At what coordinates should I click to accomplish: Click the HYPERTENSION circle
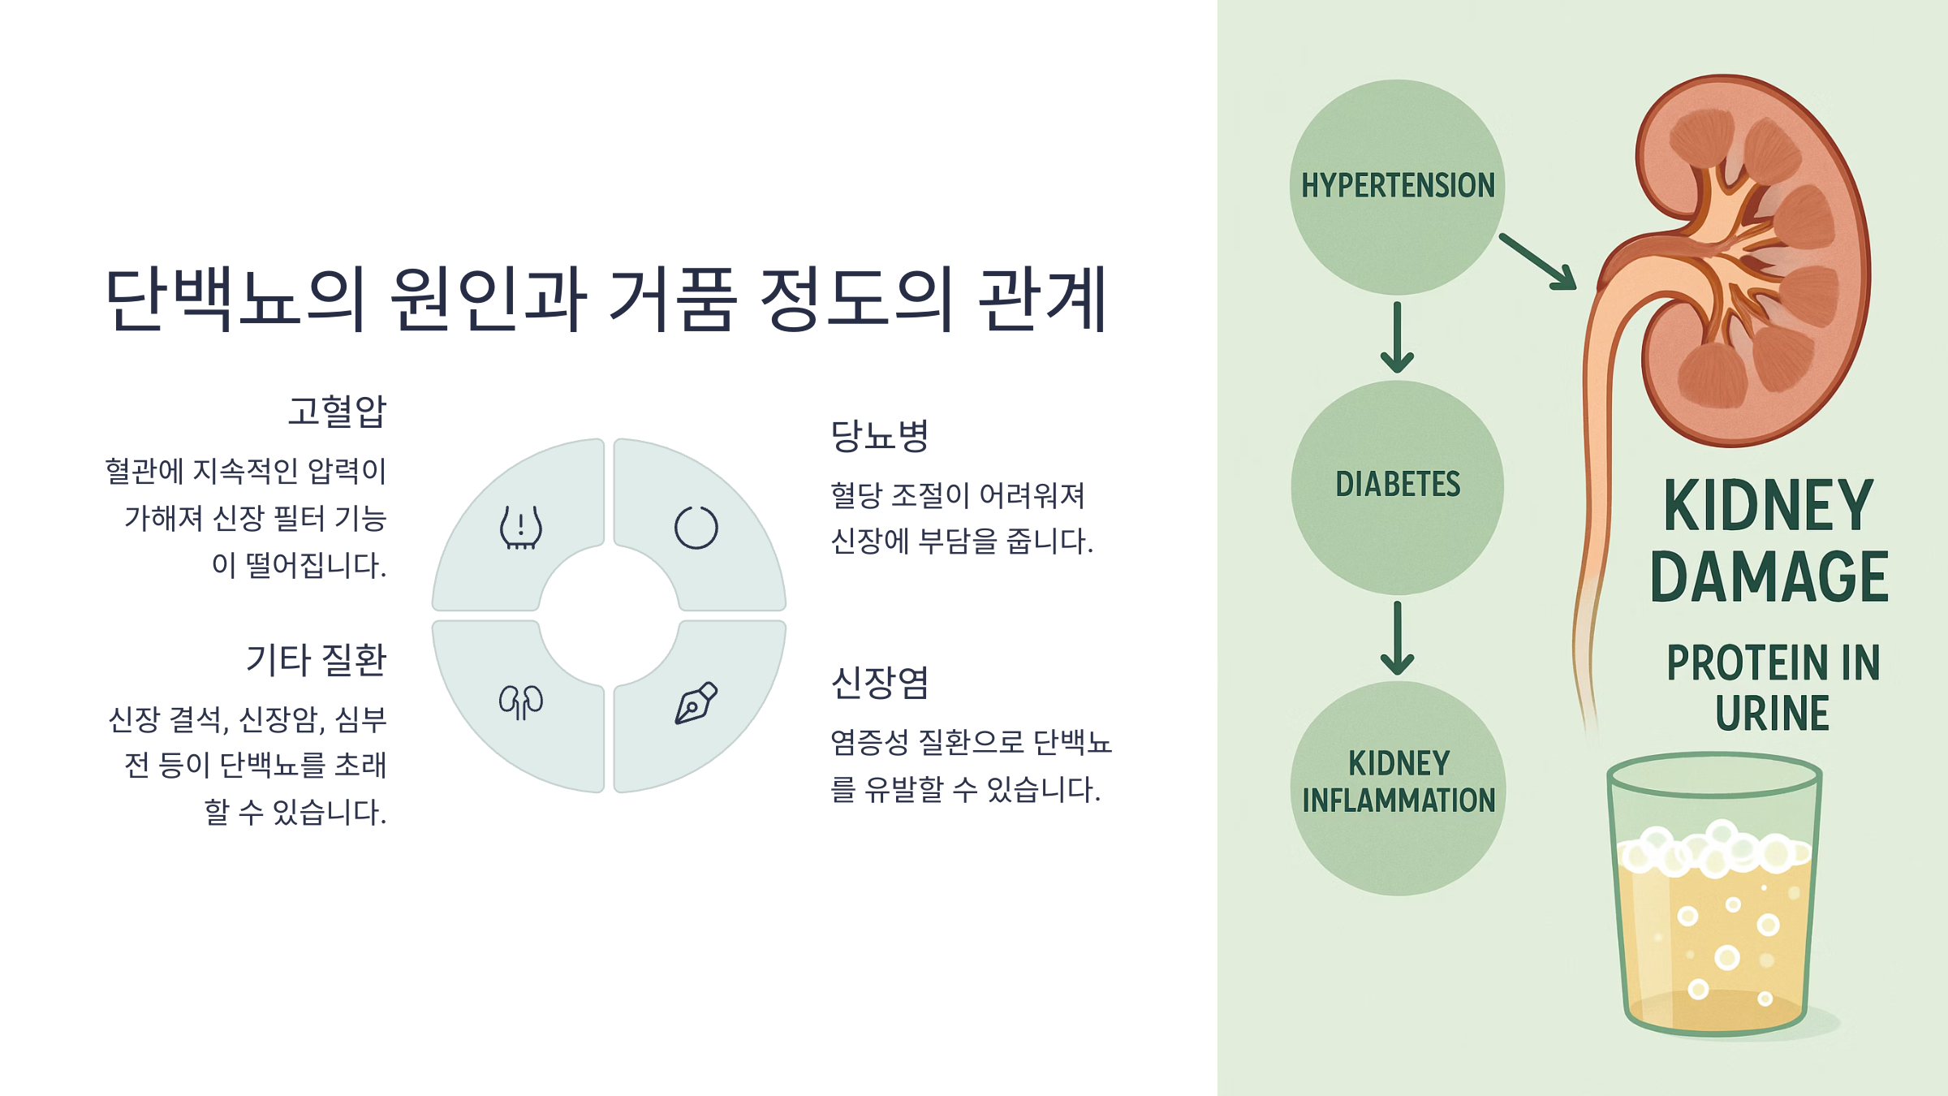pyautogui.click(x=1397, y=187)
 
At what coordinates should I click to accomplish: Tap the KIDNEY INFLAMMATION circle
pyautogui.click(x=1398, y=787)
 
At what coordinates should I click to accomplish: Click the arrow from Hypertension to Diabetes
pyautogui.click(x=1397, y=338)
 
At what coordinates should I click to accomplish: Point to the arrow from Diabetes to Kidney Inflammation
pyautogui.click(x=1397, y=638)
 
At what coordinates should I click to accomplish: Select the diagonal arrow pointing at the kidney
pyautogui.click(x=1537, y=261)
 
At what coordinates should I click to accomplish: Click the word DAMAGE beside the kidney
pyautogui.click(x=1769, y=577)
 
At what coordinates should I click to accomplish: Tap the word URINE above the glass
pyautogui.click(x=1772, y=714)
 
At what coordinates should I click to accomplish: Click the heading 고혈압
pyautogui.click(x=337, y=412)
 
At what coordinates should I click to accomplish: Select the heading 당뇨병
pyautogui.click(x=880, y=436)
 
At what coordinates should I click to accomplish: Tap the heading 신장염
pyautogui.click(x=880, y=683)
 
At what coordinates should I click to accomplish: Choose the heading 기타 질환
pyautogui.click(x=317, y=660)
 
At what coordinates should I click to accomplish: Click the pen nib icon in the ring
pyautogui.click(x=696, y=702)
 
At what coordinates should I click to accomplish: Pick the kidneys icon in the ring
pyautogui.click(x=521, y=702)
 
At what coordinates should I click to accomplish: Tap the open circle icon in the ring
pyautogui.click(x=696, y=528)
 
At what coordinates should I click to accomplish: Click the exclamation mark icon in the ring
pyautogui.click(x=521, y=528)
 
